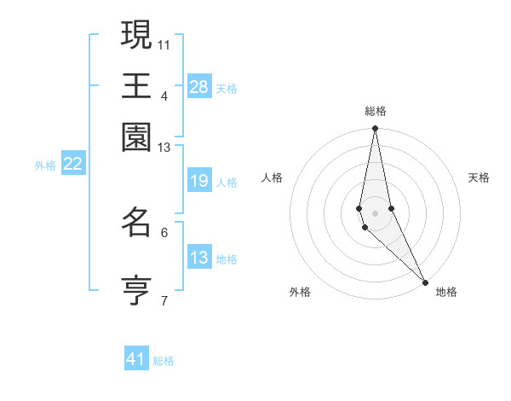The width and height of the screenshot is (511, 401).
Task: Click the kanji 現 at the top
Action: (x=136, y=35)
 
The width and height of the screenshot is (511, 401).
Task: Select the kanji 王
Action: (x=136, y=85)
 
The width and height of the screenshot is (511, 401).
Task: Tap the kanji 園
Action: (x=136, y=137)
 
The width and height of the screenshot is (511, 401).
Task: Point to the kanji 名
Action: (x=136, y=224)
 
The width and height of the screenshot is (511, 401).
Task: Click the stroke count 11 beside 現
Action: (x=164, y=44)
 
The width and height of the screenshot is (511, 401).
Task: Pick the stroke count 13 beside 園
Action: (x=164, y=148)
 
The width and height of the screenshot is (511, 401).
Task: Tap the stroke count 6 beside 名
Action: (x=164, y=232)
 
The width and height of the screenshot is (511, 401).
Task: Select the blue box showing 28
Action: (x=198, y=87)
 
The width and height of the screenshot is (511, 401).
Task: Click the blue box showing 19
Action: (x=198, y=182)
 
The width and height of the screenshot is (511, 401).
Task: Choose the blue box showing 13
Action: (x=198, y=259)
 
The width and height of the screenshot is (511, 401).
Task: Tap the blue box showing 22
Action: (x=72, y=165)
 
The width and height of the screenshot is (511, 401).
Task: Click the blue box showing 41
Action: (x=136, y=359)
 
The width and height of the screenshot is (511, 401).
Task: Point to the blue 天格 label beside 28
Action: (x=227, y=88)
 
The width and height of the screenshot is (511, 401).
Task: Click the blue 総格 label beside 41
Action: (x=164, y=361)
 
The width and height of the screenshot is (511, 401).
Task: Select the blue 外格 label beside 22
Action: (x=45, y=166)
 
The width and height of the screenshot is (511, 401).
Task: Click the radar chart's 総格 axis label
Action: (x=376, y=111)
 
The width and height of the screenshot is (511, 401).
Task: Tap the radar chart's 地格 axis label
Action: (x=446, y=292)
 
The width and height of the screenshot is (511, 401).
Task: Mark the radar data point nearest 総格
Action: (x=375, y=129)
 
